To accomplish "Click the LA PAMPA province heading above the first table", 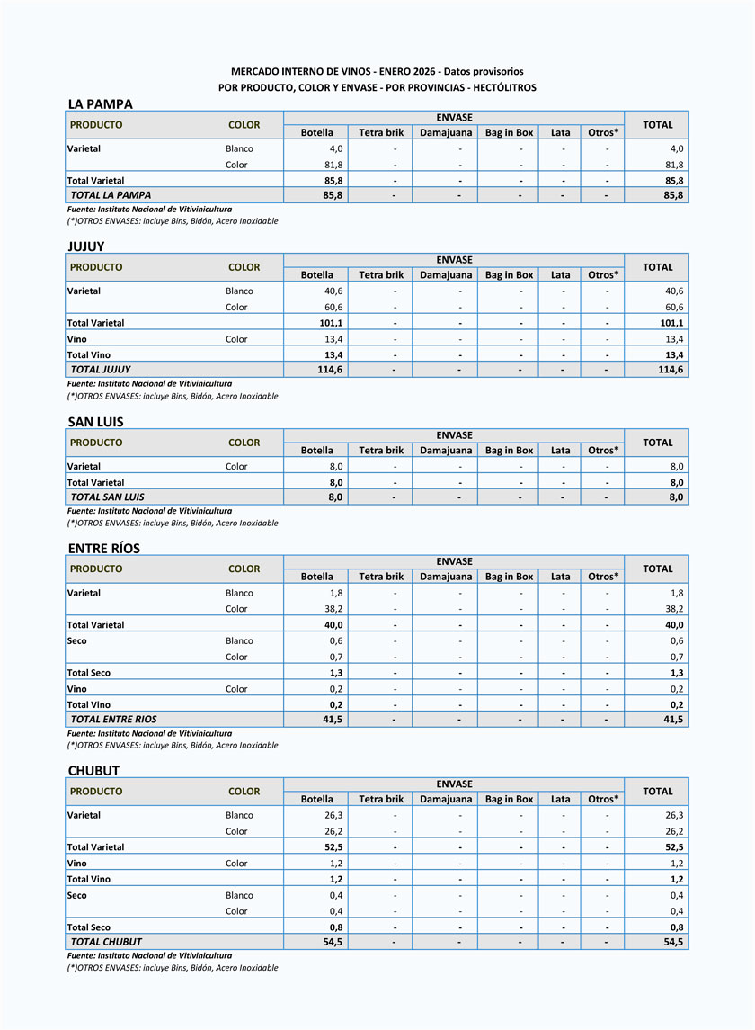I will [x=100, y=104].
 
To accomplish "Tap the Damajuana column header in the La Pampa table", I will [x=446, y=132].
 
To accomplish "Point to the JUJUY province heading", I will [x=87, y=246].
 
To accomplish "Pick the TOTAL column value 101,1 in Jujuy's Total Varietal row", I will [x=671, y=323].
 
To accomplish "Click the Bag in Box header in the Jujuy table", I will [x=509, y=275].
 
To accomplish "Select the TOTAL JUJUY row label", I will [x=101, y=370].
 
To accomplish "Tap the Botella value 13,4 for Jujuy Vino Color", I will [x=333, y=339].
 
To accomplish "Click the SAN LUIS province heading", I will [x=95, y=422].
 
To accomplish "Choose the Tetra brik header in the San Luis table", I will [x=381, y=451].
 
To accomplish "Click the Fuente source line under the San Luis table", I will [x=149, y=511].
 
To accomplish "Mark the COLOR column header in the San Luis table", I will [x=244, y=443].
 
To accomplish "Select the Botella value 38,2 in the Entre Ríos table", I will [x=333, y=609].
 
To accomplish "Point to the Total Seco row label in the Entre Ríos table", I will [x=89, y=673].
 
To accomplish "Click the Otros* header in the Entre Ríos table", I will [x=603, y=577].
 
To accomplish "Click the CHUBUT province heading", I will [x=93, y=771].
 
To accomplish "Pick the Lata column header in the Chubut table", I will [x=560, y=799].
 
